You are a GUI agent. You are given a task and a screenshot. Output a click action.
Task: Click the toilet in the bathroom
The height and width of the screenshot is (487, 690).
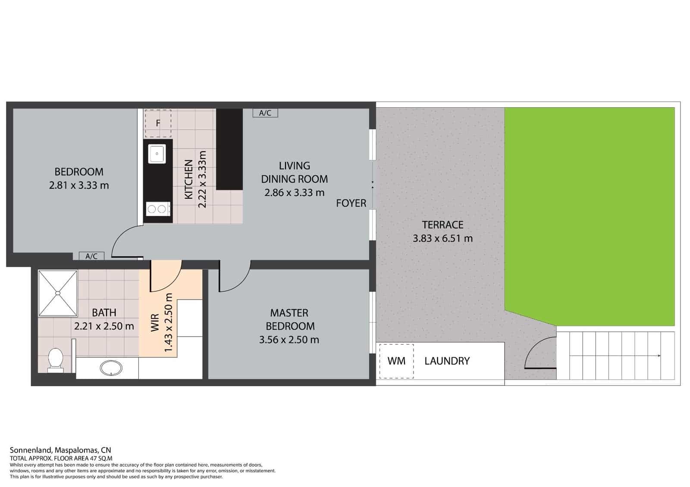click(55, 359)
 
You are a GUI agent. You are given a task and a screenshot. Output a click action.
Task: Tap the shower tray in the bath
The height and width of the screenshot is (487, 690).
click(58, 293)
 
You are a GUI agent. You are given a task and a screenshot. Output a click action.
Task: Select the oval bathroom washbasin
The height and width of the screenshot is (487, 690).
click(111, 368)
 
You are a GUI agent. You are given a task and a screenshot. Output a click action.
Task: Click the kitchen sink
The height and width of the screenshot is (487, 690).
click(157, 154)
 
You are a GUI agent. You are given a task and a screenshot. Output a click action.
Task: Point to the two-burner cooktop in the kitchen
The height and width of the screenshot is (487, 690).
click(157, 209)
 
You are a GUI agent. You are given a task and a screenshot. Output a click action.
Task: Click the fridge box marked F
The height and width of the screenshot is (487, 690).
click(158, 123)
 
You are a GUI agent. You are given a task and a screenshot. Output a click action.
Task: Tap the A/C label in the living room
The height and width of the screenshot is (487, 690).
click(265, 113)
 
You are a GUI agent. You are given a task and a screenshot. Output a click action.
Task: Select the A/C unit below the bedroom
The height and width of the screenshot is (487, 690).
click(91, 256)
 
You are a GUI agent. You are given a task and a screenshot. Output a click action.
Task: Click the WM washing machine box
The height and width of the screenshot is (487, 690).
click(396, 361)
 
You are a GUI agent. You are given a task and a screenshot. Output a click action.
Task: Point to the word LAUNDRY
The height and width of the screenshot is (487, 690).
click(447, 361)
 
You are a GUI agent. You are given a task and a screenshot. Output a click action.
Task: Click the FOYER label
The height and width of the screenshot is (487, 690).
click(351, 203)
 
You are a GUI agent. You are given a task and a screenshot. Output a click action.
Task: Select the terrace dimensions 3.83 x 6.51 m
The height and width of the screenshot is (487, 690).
click(442, 238)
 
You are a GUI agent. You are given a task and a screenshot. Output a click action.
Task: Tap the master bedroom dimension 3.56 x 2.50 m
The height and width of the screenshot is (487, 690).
click(289, 340)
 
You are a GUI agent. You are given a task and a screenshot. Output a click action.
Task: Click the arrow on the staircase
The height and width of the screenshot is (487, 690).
click(659, 356)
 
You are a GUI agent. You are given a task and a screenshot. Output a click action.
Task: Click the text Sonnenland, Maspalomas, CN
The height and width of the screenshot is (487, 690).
click(60, 450)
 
